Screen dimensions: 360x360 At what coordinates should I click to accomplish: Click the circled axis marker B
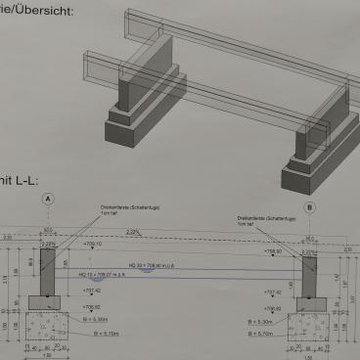coord(310,206)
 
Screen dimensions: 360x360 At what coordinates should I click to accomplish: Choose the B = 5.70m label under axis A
coord(102,333)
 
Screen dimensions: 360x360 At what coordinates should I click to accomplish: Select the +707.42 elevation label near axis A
coord(92,291)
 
